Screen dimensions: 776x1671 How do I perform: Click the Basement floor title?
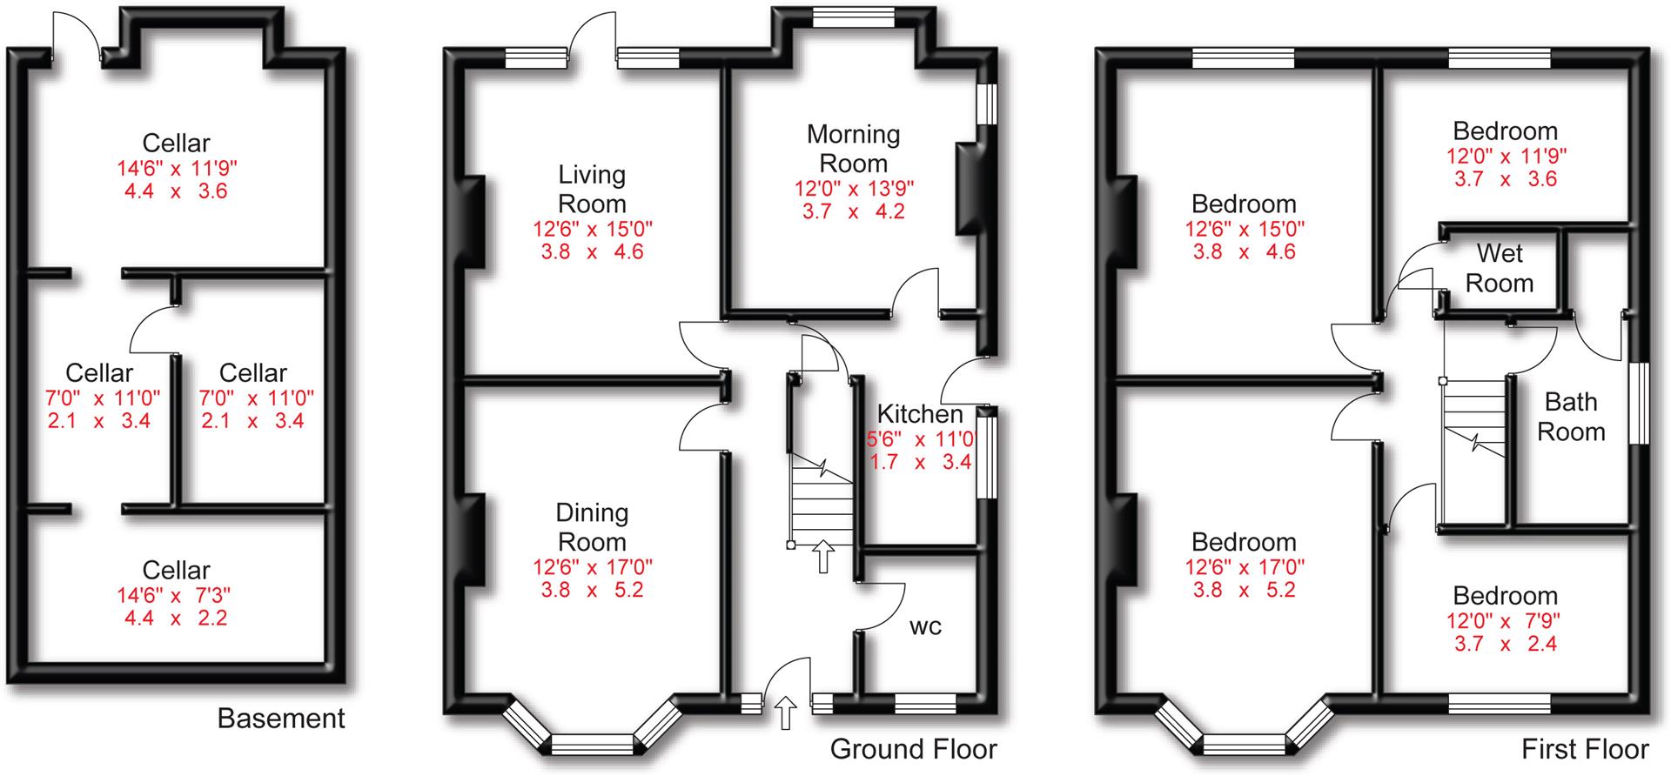click(x=280, y=719)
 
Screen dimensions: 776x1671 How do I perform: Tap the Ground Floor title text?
click(x=913, y=749)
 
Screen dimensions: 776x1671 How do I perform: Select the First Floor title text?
click(x=1584, y=749)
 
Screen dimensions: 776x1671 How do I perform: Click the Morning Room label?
click(x=853, y=149)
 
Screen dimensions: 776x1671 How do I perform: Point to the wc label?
click(x=925, y=626)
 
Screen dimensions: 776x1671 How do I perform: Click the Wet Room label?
click(x=1499, y=268)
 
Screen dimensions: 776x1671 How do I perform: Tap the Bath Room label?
click(x=1570, y=417)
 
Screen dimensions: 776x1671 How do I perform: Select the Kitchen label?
click(x=919, y=413)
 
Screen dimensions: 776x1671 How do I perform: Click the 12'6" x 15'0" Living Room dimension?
click(x=592, y=230)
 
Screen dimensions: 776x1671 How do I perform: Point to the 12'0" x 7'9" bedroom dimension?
click(x=1504, y=621)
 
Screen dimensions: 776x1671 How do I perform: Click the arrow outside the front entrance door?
click(x=786, y=712)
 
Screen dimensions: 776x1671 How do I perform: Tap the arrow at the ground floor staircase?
click(x=822, y=557)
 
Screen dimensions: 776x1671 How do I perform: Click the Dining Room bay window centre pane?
click(x=592, y=745)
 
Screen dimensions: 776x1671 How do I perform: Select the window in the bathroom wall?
click(x=1639, y=404)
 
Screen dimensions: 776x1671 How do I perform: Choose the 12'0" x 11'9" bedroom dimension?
click(x=1504, y=157)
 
